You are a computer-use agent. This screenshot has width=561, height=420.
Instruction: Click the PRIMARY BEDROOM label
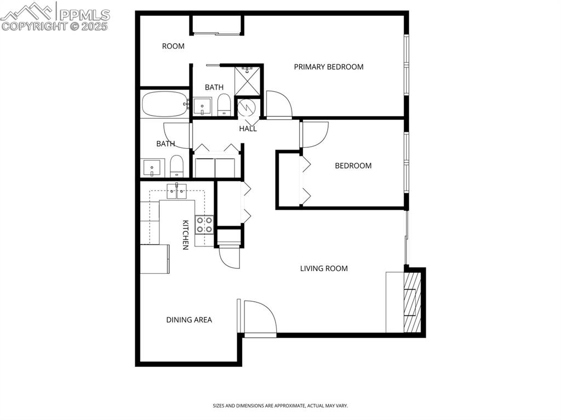tap(329, 67)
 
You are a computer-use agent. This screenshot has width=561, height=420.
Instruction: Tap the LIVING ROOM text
tap(324, 268)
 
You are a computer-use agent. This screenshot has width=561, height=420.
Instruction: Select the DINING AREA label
tap(189, 320)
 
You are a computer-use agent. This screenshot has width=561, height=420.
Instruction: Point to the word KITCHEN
tap(185, 234)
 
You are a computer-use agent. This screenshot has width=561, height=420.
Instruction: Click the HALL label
tap(248, 129)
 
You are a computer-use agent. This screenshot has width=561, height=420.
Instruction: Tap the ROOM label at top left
tap(173, 46)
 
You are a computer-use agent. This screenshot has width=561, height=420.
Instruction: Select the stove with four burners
tap(205, 225)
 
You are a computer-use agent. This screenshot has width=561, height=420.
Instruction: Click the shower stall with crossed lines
tap(249, 80)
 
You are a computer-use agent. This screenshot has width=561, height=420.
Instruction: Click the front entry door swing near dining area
tap(260, 318)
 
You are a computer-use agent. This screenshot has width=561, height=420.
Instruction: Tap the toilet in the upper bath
tap(224, 105)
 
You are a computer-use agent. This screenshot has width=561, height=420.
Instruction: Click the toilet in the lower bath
tap(176, 166)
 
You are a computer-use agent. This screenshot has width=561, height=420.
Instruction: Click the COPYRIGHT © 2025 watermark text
tap(55, 26)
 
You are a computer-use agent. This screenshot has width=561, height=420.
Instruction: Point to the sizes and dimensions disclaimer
tap(280, 406)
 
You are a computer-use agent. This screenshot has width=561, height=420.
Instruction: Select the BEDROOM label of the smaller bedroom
tap(353, 165)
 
